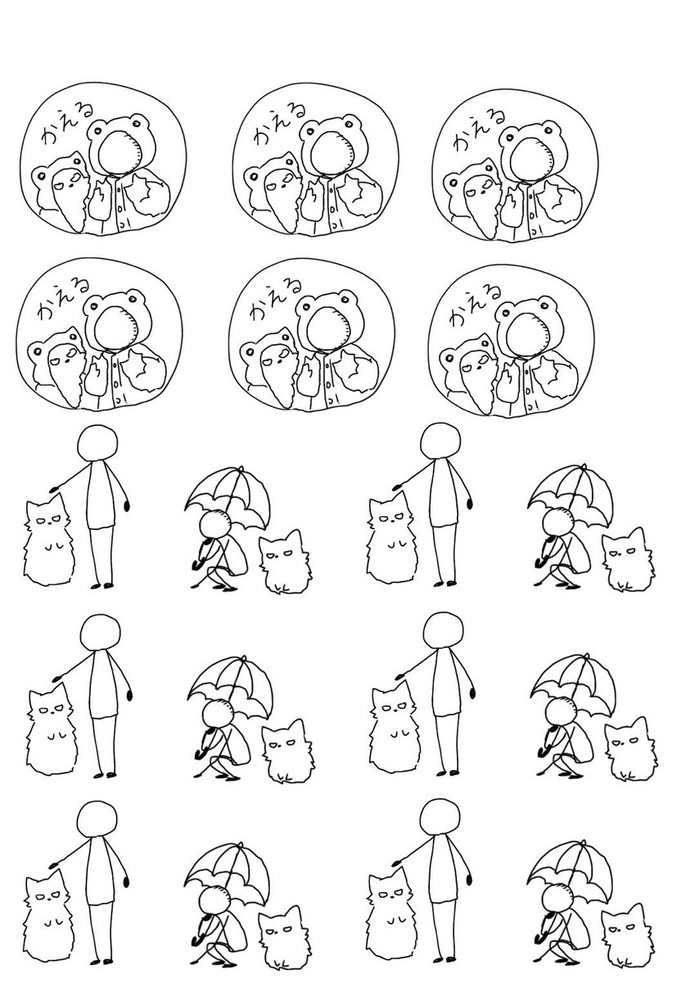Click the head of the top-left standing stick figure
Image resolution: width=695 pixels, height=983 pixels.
point(97,444)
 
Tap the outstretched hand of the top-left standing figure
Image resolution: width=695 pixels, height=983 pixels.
point(54,487)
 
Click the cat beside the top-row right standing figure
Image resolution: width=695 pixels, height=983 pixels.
point(390,538)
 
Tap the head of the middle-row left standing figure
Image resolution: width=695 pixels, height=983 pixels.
point(101,633)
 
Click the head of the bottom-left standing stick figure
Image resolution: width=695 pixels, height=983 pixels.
point(97,822)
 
